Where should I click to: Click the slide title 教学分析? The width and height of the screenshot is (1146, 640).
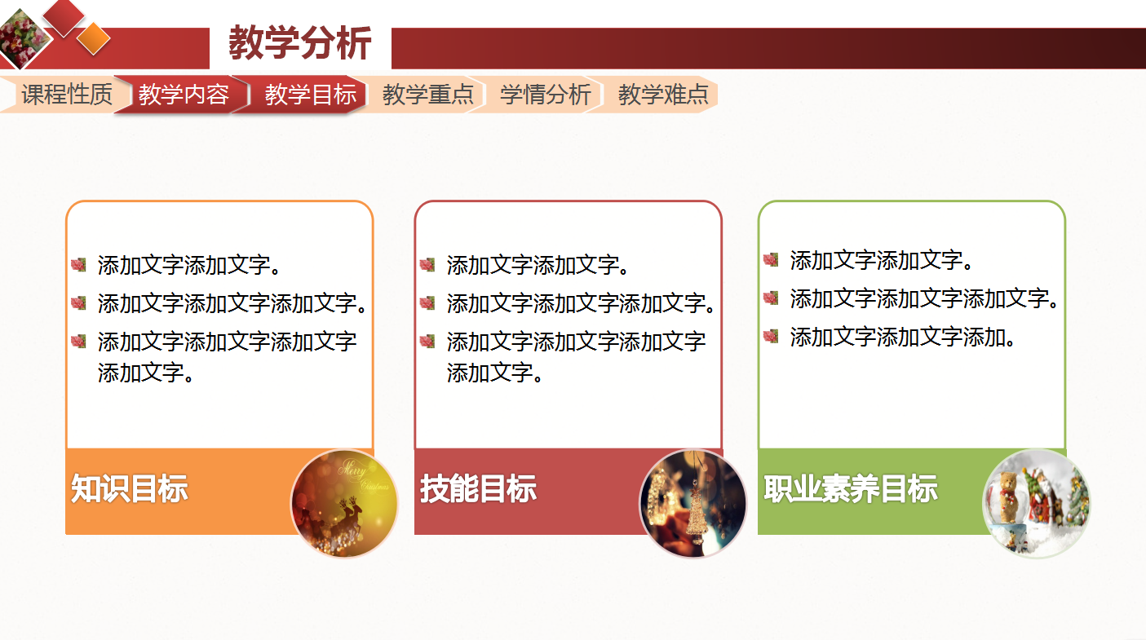(299, 43)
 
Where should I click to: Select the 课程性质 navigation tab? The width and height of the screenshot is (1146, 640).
(66, 95)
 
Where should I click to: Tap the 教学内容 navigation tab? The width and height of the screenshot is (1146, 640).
(184, 95)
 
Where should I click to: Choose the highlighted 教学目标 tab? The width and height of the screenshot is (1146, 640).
(310, 95)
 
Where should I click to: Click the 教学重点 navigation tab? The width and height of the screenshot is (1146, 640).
(427, 95)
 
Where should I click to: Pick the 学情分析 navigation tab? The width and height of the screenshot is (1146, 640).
(545, 95)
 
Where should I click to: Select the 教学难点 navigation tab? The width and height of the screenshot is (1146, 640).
(662, 95)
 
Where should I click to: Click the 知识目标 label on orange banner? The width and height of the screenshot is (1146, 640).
(130, 489)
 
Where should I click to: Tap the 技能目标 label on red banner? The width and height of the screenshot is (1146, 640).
(478, 489)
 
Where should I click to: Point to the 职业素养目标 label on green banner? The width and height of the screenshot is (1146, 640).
(850, 489)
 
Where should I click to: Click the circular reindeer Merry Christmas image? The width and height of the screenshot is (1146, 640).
(344, 503)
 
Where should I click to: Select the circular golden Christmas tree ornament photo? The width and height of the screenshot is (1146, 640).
(692, 503)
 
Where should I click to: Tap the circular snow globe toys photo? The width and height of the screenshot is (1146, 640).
(1036, 503)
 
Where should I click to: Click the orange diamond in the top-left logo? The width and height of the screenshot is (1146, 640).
(93, 38)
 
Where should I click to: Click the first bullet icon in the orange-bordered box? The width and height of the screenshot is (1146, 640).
(78, 264)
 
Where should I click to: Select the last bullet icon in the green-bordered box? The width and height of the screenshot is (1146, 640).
(771, 335)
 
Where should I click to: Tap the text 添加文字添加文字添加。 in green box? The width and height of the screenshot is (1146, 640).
(902, 336)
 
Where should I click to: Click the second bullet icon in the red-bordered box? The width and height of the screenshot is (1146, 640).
(427, 302)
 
